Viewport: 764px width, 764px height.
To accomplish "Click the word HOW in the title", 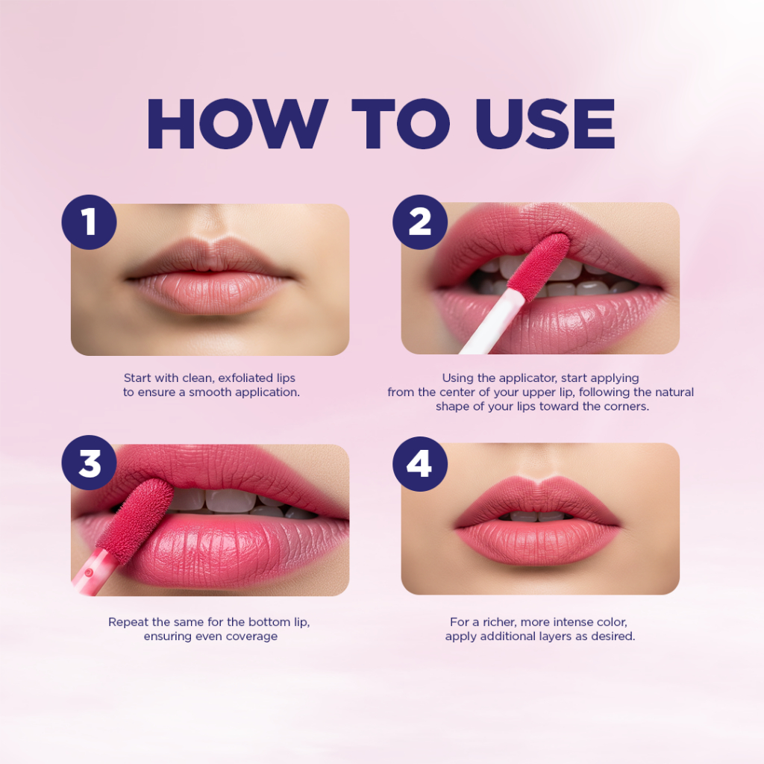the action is click(237, 124).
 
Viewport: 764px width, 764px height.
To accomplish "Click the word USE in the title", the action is click(545, 124).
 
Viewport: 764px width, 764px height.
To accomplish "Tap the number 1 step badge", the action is click(90, 222).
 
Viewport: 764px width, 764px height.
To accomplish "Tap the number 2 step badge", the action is click(420, 222).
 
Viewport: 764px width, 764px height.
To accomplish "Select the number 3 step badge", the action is click(90, 463).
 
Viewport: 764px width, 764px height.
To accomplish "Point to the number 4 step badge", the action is click(420, 464).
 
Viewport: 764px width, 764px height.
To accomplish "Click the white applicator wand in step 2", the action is click(491, 322).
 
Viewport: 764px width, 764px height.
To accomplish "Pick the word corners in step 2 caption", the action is click(627, 407).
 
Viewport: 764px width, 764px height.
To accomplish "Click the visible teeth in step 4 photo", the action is click(537, 516).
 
